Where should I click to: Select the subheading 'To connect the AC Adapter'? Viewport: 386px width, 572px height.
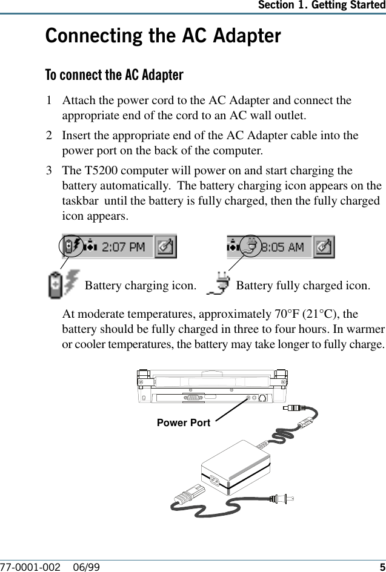tap(115, 75)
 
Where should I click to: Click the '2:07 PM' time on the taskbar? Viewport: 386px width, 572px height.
tap(124, 247)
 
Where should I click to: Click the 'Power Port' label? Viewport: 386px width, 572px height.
tap(183, 422)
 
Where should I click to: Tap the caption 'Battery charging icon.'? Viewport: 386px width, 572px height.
tap(140, 285)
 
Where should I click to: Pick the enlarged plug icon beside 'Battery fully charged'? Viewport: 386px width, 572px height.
tap(219, 284)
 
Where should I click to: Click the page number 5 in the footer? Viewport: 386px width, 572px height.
tap(382, 567)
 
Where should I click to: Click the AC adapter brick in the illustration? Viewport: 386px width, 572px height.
tap(233, 472)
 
